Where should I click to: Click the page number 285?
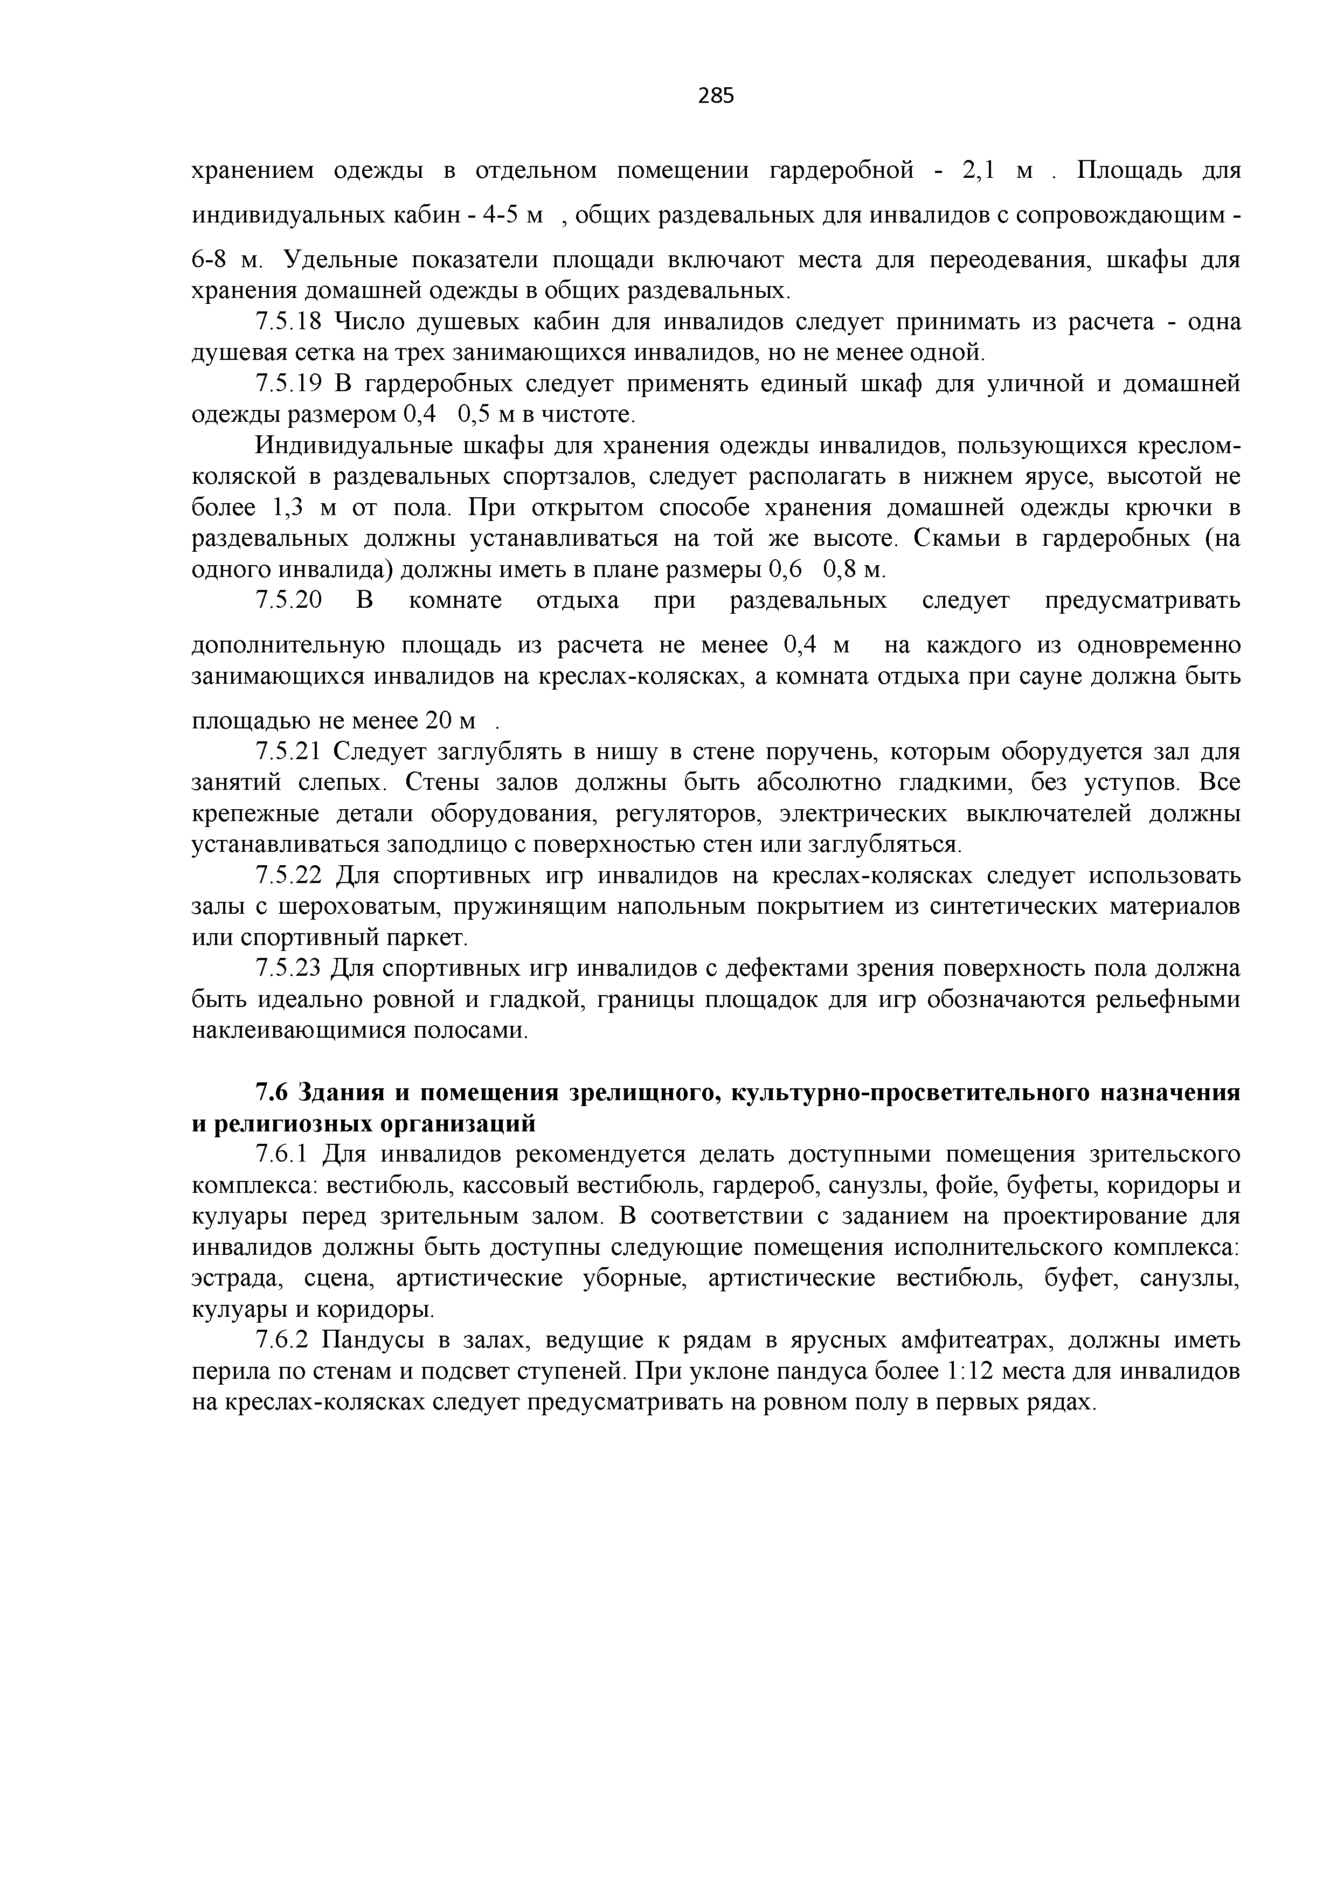click(716, 96)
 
